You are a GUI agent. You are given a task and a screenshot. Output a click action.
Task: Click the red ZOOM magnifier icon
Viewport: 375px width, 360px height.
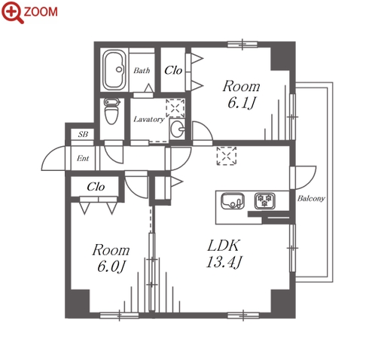coord(13,12)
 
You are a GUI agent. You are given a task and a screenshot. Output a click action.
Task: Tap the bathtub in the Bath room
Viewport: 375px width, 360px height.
coord(114,70)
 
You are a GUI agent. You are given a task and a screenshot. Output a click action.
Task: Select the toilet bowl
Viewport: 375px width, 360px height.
coord(111,111)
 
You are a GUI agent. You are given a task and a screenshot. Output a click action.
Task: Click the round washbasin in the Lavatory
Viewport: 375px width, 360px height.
coord(177,129)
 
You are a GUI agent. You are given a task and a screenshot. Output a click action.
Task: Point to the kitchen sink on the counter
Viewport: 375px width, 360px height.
coord(233,201)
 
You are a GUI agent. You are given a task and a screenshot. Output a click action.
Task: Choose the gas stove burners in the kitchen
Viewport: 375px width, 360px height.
coord(264,201)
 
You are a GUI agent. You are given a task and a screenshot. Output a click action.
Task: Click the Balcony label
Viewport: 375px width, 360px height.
coord(311,199)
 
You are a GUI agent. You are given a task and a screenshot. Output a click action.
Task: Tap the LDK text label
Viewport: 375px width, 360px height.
coord(223,246)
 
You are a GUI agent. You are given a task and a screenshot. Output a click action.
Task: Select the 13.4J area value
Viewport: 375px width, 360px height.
coord(224,262)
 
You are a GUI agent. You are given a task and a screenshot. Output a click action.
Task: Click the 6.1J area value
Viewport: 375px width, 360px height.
coord(242,103)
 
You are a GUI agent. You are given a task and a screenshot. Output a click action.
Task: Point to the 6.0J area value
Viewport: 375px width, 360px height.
coord(111,267)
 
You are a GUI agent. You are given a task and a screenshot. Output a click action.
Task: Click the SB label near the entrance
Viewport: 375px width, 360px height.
coord(83,135)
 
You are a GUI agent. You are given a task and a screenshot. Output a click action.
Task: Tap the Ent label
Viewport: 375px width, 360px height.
coord(83,158)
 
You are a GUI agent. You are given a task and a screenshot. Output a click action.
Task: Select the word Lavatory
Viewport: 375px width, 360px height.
coord(149,119)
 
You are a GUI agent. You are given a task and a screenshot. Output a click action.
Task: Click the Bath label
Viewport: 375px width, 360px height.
coord(142,71)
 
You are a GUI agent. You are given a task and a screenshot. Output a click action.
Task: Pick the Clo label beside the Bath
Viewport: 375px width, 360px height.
coord(173,70)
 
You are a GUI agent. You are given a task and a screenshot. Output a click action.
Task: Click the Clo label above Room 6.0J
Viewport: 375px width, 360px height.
coord(96,187)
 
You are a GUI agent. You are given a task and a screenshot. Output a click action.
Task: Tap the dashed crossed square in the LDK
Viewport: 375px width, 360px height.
coord(227,156)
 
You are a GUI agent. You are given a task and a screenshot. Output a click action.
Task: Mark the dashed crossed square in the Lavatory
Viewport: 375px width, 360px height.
coord(175,108)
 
